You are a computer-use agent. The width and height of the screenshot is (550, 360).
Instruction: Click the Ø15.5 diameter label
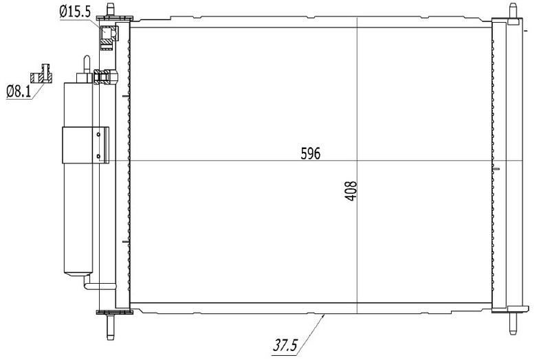pos(75,12)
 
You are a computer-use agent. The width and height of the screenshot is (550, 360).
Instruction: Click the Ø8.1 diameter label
pos(19,92)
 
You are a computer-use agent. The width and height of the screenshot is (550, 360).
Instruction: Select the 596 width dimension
pos(311,153)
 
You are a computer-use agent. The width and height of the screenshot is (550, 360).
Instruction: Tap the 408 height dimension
pos(351,191)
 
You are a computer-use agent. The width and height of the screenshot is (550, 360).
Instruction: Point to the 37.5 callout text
pos(285,346)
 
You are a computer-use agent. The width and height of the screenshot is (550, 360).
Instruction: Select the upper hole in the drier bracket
pos(98,134)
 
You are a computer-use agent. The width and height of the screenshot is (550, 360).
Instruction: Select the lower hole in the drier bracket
pos(98,157)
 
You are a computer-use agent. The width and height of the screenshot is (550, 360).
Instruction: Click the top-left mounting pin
pos(111,10)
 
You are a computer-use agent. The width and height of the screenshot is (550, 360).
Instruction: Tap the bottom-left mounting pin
pos(111,327)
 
